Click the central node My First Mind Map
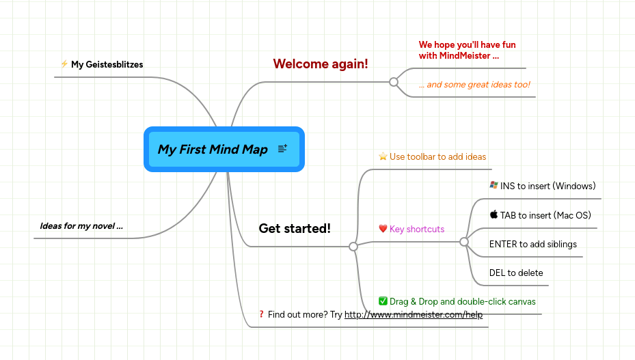(x=213, y=150)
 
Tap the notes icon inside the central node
(x=282, y=149)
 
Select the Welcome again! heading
(x=321, y=64)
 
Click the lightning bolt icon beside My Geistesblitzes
(x=64, y=64)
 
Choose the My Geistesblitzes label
(x=107, y=65)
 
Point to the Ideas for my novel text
(x=81, y=226)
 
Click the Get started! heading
(x=295, y=229)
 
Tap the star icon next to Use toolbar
(x=383, y=156)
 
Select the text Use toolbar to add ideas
(x=437, y=157)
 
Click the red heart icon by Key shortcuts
(x=383, y=229)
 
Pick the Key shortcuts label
(x=417, y=230)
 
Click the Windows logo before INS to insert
(x=494, y=185)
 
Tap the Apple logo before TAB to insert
(x=494, y=214)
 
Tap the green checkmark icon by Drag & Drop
(x=383, y=301)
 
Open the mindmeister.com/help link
(x=414, y=315)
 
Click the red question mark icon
(x=261, y=315)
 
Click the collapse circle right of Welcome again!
(x=394, y=82)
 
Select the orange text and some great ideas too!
(x=474, y=85)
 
